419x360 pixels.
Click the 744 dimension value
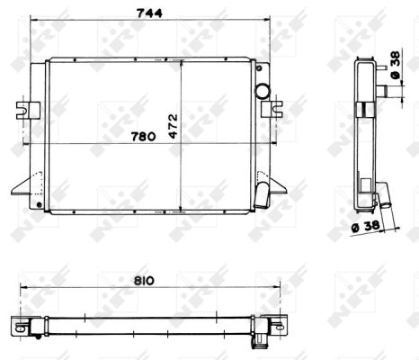coord(149,13)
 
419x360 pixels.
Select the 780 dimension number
coord(144,137)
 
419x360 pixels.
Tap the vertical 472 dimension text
coord(174,126)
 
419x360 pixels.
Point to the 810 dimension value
coord(144,281)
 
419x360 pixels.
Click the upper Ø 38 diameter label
coord(396,65)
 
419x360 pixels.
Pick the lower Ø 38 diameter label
coord(366,227)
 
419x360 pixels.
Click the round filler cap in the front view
coord(263,90)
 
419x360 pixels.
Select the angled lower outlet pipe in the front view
coord(262,195)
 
